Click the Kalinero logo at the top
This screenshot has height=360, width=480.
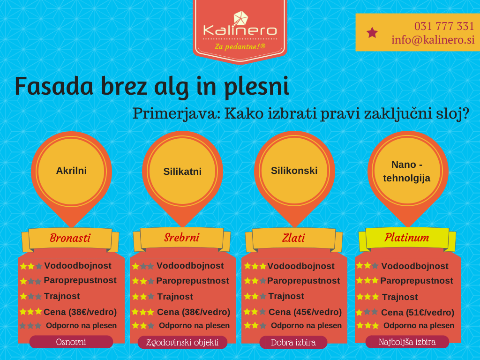click(240, 29)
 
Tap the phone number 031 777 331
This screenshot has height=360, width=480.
click(443, 26)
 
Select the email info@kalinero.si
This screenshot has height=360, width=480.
click(433, 40)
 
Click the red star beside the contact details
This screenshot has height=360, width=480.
click(372, 32)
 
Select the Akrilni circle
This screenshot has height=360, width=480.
click(71, 171)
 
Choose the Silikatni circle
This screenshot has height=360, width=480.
click(182, 172)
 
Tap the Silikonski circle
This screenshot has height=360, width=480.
click(294, 171)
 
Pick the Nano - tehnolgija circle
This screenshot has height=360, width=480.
click(406, 171)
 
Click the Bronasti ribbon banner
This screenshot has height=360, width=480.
click(70, 238)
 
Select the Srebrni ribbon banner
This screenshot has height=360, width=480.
click(181, 238)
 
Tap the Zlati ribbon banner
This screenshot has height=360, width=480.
click(293, 238)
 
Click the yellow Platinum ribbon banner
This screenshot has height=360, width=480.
click(406, 238)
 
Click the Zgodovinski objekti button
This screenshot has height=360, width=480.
click(182, 342)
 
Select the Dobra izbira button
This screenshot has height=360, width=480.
click(293, 343)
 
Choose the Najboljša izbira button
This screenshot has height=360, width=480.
click(407, 342)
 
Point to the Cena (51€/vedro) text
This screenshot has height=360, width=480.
click(417, 313)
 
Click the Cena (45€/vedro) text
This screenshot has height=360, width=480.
click(305, 312)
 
